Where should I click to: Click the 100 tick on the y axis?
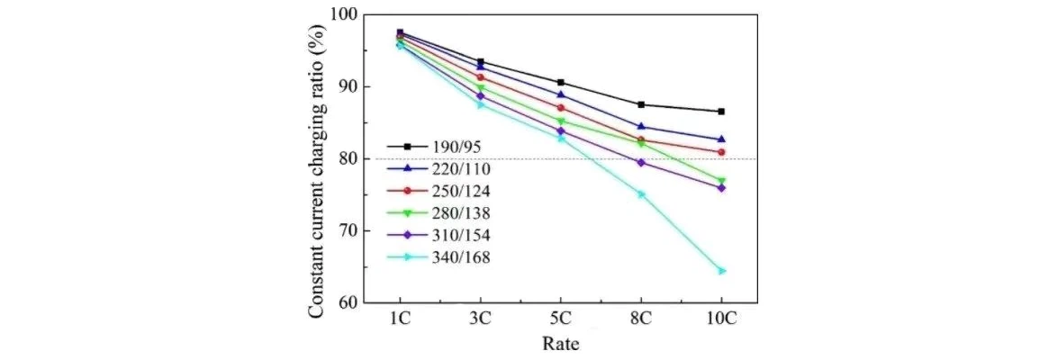point(344,15)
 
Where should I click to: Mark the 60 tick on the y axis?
point(348,302)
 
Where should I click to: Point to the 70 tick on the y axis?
point(348,230)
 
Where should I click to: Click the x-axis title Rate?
point(560,344)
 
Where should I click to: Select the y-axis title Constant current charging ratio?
point(317,159)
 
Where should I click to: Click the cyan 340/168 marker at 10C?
point(721,270)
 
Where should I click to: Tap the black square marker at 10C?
point(721,112)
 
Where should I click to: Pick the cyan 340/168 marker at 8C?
point(641,193)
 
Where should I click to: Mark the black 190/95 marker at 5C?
point(560,82)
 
